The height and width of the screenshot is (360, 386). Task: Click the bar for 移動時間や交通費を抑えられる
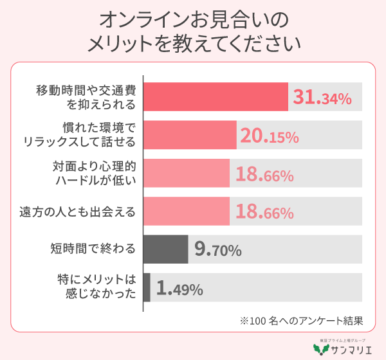tap(215, 97)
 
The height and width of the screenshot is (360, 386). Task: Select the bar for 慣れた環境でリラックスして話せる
tap(190, 135)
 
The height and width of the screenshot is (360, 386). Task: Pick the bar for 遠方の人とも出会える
tap(186, 212)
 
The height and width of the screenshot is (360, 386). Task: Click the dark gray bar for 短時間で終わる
tap(165, 249)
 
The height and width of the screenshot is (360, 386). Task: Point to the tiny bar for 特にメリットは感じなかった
tap(147, 287)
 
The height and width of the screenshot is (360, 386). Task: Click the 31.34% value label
tap(322, 98)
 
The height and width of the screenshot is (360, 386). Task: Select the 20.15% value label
tap(270, 136)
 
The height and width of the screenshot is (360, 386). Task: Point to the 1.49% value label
tap(179, 289)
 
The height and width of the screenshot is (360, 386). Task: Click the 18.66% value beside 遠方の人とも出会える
tap(264, 212)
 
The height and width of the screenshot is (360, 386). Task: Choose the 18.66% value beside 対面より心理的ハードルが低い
tap(264, 174)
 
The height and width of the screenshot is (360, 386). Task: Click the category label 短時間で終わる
tap(93, 250)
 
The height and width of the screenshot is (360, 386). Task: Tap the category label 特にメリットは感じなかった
tap(96, 287)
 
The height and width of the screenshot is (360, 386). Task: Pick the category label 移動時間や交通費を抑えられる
tap(86, 97)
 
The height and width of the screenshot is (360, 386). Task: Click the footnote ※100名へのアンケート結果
tap(302, 320)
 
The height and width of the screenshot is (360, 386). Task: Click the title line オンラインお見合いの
tap(192, 20)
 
